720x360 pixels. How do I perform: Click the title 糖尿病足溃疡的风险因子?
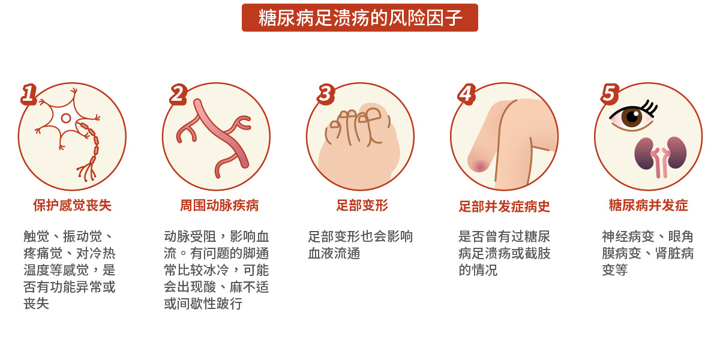click(x=360, y=18)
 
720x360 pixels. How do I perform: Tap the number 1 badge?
click(x=29, y=94)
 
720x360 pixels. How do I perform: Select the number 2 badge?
click(x=177, y=94)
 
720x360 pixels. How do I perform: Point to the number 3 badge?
click(x=325, y=94)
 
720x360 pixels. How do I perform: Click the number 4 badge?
click(x=466, y=94)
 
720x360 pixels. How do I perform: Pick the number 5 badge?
click(x=609, y=94)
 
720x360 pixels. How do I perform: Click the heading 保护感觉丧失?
click(x=72, y=206)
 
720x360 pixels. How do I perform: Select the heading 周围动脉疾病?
click(x=219, y=206)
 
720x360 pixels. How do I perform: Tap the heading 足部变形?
click(x=362, y=206)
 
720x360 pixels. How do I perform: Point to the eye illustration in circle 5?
click(x=632, y=116)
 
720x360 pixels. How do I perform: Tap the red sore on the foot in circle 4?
click(x=479, y=164)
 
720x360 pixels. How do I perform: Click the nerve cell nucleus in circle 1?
click(x=66, y=118)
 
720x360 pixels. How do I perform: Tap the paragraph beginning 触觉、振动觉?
click(x=69, y=270)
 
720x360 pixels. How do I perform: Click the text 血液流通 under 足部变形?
click(x=334, y=253)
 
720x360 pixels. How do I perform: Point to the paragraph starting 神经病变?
click(x=648, y=253)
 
